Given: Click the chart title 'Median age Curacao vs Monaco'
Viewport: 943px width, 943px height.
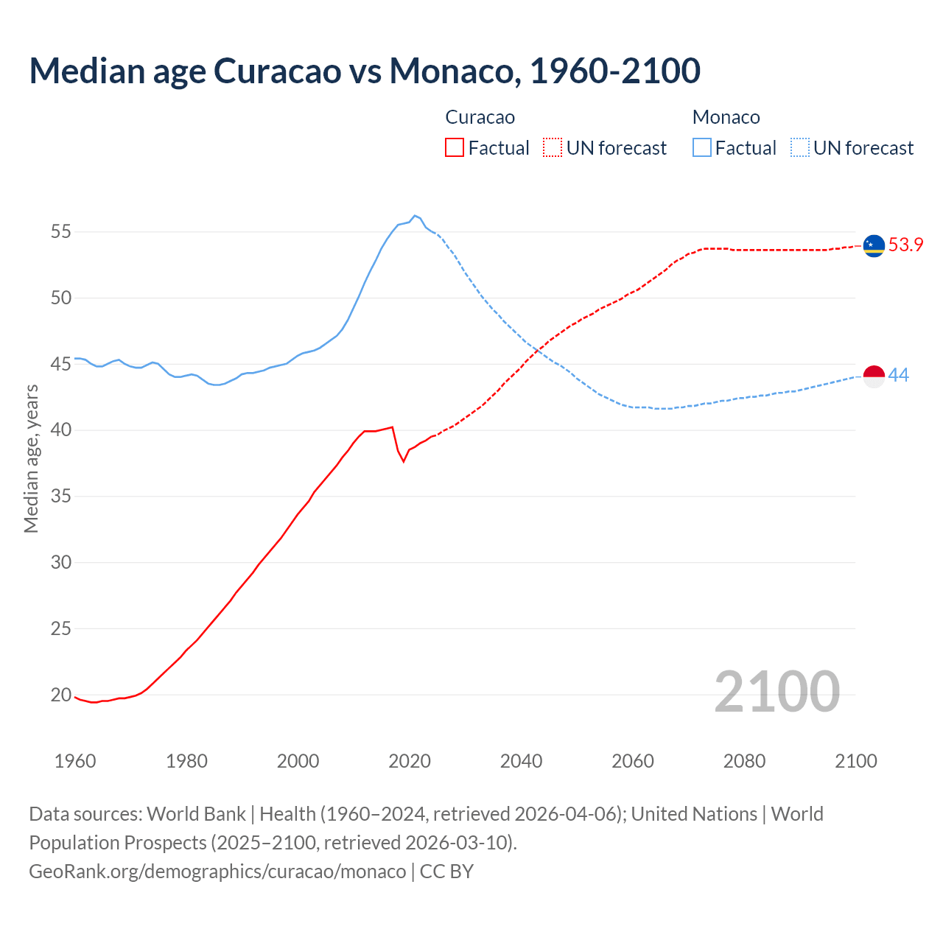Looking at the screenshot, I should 364,71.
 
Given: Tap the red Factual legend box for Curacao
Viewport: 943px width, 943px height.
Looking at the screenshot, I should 455,147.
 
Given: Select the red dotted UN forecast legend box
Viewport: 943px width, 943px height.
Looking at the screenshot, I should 553,147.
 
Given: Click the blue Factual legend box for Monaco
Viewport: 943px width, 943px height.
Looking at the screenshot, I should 702,147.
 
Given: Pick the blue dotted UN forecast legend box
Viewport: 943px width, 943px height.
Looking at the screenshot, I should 799,147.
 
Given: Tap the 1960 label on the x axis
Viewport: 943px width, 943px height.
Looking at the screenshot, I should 75,761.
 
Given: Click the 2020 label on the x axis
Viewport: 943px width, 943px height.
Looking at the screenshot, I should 410,761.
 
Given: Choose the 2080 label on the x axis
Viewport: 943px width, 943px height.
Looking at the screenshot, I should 744,761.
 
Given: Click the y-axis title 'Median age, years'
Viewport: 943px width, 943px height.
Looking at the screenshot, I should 31,458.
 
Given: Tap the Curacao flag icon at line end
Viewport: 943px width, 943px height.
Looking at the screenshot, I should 874,245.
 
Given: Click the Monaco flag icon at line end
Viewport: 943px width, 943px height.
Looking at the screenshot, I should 874,376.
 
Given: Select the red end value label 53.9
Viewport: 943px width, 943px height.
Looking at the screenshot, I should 905,245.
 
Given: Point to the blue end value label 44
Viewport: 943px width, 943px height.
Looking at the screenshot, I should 898,376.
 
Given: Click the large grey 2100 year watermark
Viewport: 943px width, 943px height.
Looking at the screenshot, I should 777,691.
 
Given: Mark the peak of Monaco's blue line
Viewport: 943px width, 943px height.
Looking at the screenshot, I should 415,216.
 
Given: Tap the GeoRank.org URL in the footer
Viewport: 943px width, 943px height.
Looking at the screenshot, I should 217,872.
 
